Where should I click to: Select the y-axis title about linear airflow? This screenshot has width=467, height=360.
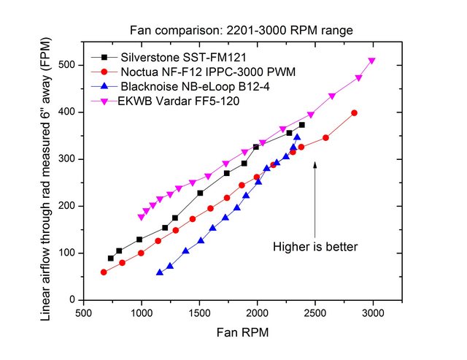point(45,180)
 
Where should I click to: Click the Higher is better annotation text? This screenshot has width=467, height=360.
point(315,247)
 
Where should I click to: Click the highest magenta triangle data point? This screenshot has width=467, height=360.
point(372,61)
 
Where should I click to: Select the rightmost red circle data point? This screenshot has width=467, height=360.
point(354,112)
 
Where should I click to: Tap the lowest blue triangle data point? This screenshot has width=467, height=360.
point(159,272)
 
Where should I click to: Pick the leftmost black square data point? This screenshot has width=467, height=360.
point(111,258)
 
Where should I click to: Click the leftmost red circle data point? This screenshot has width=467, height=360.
point(104,272)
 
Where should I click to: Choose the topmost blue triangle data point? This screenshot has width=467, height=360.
point(297,137)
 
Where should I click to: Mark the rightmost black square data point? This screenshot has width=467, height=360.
point(302,125)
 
